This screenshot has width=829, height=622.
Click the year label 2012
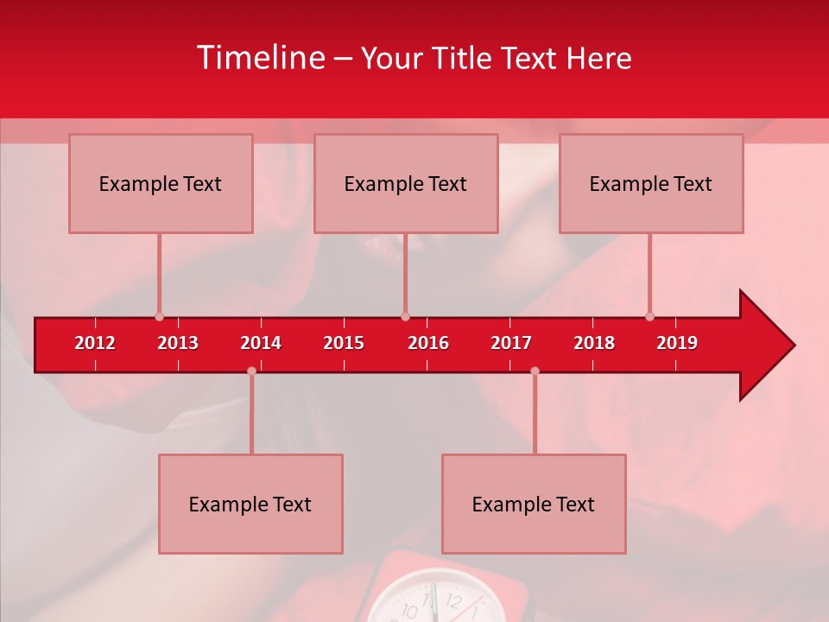pos(95,343)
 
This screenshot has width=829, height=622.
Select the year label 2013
pos(178,343)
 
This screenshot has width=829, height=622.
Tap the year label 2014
pos(261,343)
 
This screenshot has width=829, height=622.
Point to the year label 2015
pos(344,343)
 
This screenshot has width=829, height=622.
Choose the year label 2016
pos(428,343)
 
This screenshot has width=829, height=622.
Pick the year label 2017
pos(511,343)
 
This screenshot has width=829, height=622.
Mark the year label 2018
pos(594,343)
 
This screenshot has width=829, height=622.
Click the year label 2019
pos(677,343)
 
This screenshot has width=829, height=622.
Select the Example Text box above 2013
pos(161,183)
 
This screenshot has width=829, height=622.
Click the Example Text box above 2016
pos(406,183)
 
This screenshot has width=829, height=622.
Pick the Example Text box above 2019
pos(651,183)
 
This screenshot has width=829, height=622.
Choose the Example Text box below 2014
pos(250,504)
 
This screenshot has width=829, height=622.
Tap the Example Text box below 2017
pos(534,504)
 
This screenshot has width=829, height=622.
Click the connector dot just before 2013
pos(159,317)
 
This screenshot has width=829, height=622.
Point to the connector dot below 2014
pos(251,371)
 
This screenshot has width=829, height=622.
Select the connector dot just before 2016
pos(405,317)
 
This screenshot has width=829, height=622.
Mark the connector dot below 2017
pos(535,371)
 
